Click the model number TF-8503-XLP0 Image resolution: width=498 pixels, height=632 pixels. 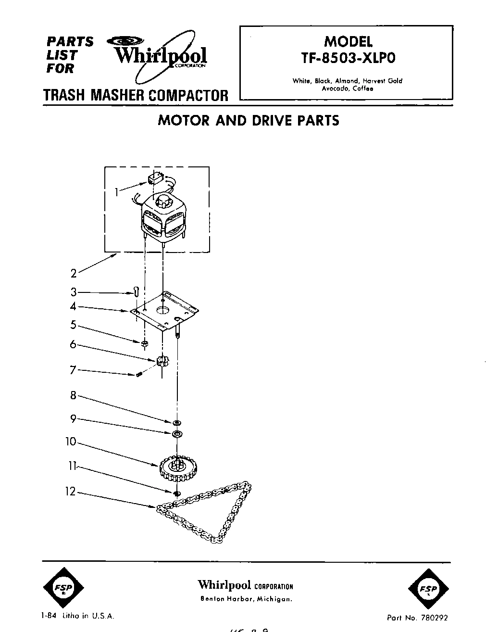(x=348, y=58)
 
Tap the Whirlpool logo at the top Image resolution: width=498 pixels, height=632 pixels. (x=160, y=56)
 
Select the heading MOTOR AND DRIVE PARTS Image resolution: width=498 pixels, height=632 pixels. (x=249, y=120)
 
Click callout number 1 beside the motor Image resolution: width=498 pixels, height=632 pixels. (x=117, y=192)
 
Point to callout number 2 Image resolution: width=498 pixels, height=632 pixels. (x=74, y=274)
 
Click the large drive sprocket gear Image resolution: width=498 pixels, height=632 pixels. (x=178, y=468)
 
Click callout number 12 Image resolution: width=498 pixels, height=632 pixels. (x=71, y=492)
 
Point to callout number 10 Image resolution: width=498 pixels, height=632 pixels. (x=71, y=441)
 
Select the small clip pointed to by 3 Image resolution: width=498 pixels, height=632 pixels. (x=137, y=292)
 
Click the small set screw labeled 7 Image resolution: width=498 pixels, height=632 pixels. (x=140, y=374)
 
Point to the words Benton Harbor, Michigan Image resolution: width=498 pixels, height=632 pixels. (x=246, y=599)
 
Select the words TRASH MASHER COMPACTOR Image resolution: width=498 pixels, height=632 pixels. (x=136, y=95)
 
